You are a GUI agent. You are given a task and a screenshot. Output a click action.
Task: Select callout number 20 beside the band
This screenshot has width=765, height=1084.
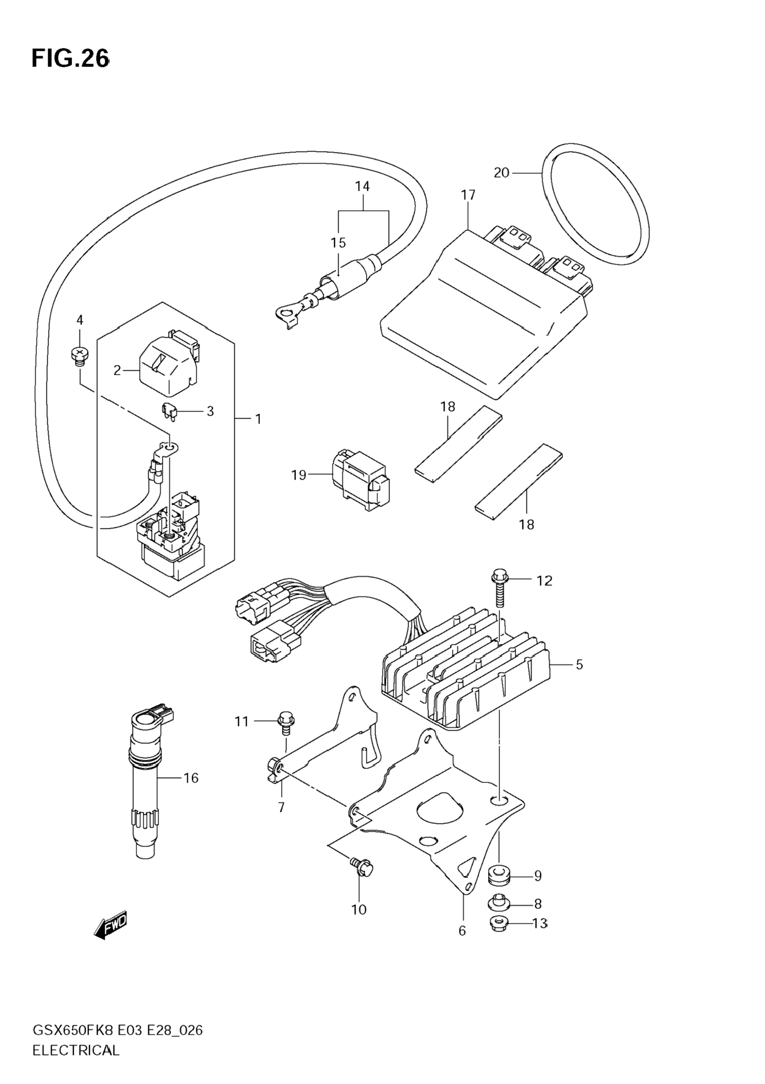[502, 173]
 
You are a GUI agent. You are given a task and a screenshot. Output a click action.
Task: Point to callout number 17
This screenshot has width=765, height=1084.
[468, 195]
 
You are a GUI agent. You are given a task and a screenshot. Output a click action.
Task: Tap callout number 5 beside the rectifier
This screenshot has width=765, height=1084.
[579, 664]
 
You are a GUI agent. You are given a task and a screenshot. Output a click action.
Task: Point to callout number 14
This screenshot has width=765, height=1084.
[362, 187]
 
